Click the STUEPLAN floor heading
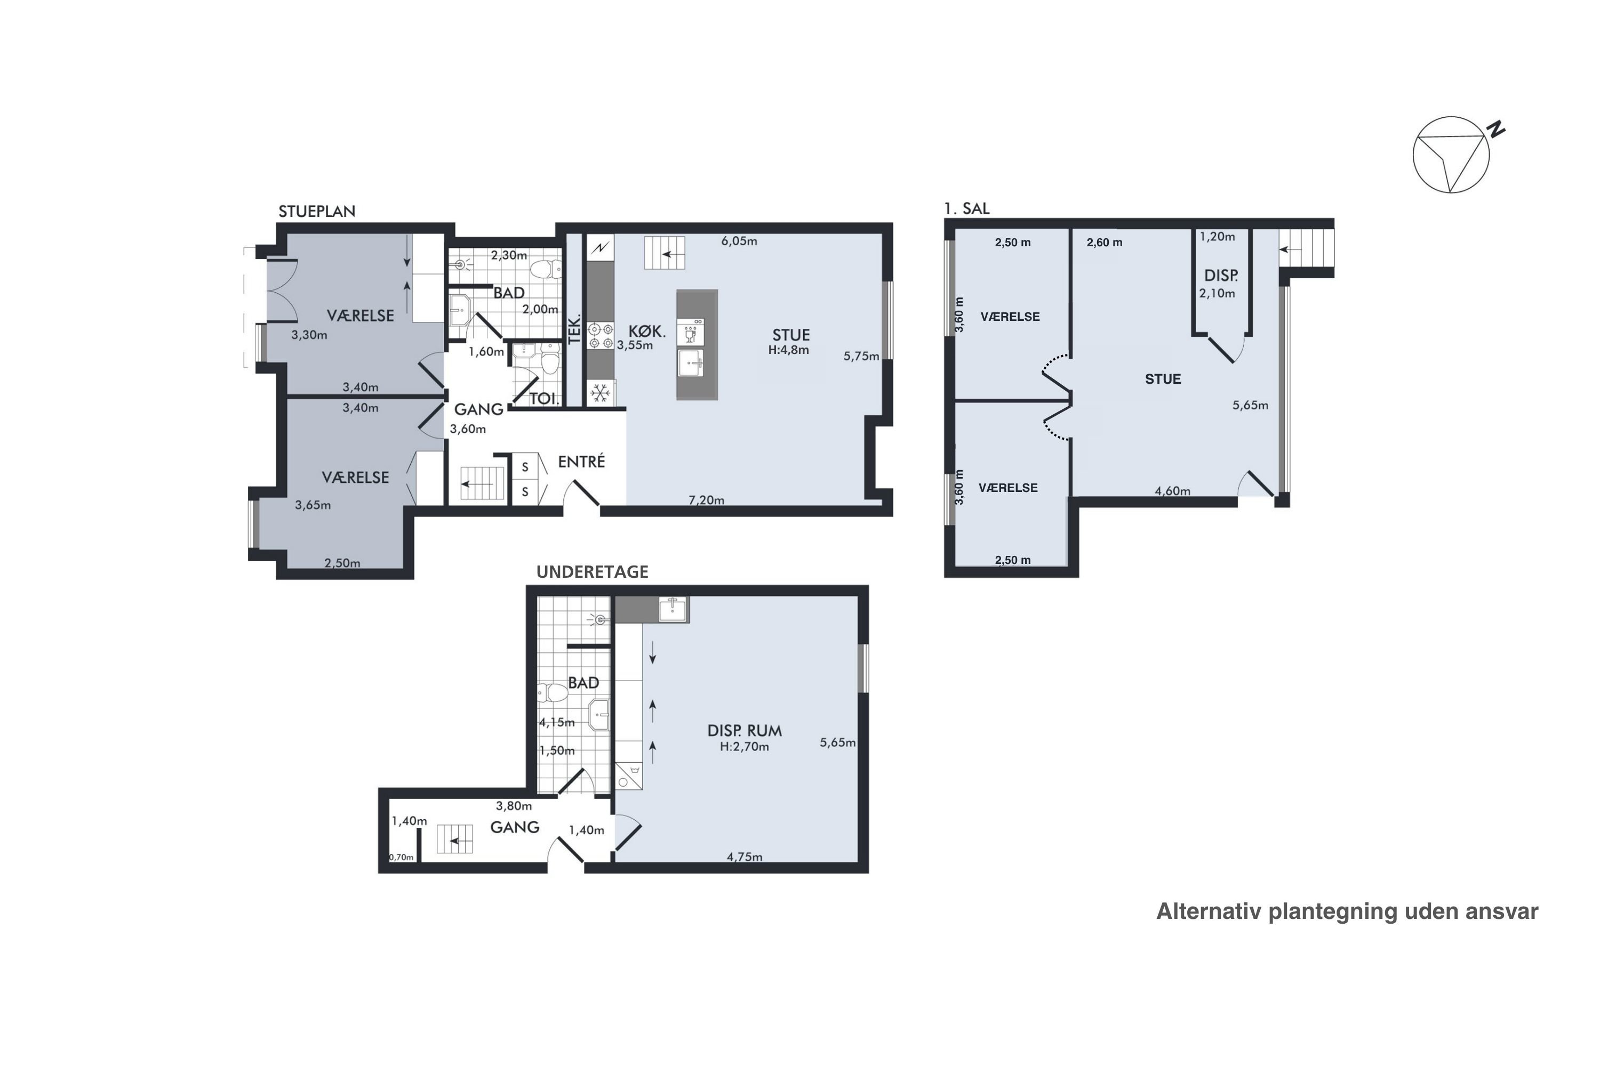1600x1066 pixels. coord(317,212)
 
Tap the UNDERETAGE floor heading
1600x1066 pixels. coord(592,572)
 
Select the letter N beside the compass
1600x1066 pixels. coord(1495,129)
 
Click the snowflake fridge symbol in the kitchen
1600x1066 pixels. coord(599,393)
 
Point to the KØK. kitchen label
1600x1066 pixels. coord(646,331)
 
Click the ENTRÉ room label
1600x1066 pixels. coord(582,462)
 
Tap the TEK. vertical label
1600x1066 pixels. coord(575,329)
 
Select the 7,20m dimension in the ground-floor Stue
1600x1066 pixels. coord(706,500)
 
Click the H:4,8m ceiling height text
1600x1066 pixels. coord(788,351)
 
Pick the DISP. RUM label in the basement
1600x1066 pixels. coord(744,731)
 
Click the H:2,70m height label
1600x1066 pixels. coord(744,747)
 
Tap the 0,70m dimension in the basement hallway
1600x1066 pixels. coord(402,857)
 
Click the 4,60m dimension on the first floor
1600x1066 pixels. coord(1173,491)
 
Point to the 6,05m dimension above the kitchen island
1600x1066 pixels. coord(739,241)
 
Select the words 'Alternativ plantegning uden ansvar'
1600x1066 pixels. coord(1348,911)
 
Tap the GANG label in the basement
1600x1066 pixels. coord(515,827)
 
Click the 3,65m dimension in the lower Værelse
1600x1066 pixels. coord(313,505)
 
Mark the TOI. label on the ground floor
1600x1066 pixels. coord(544,398)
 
